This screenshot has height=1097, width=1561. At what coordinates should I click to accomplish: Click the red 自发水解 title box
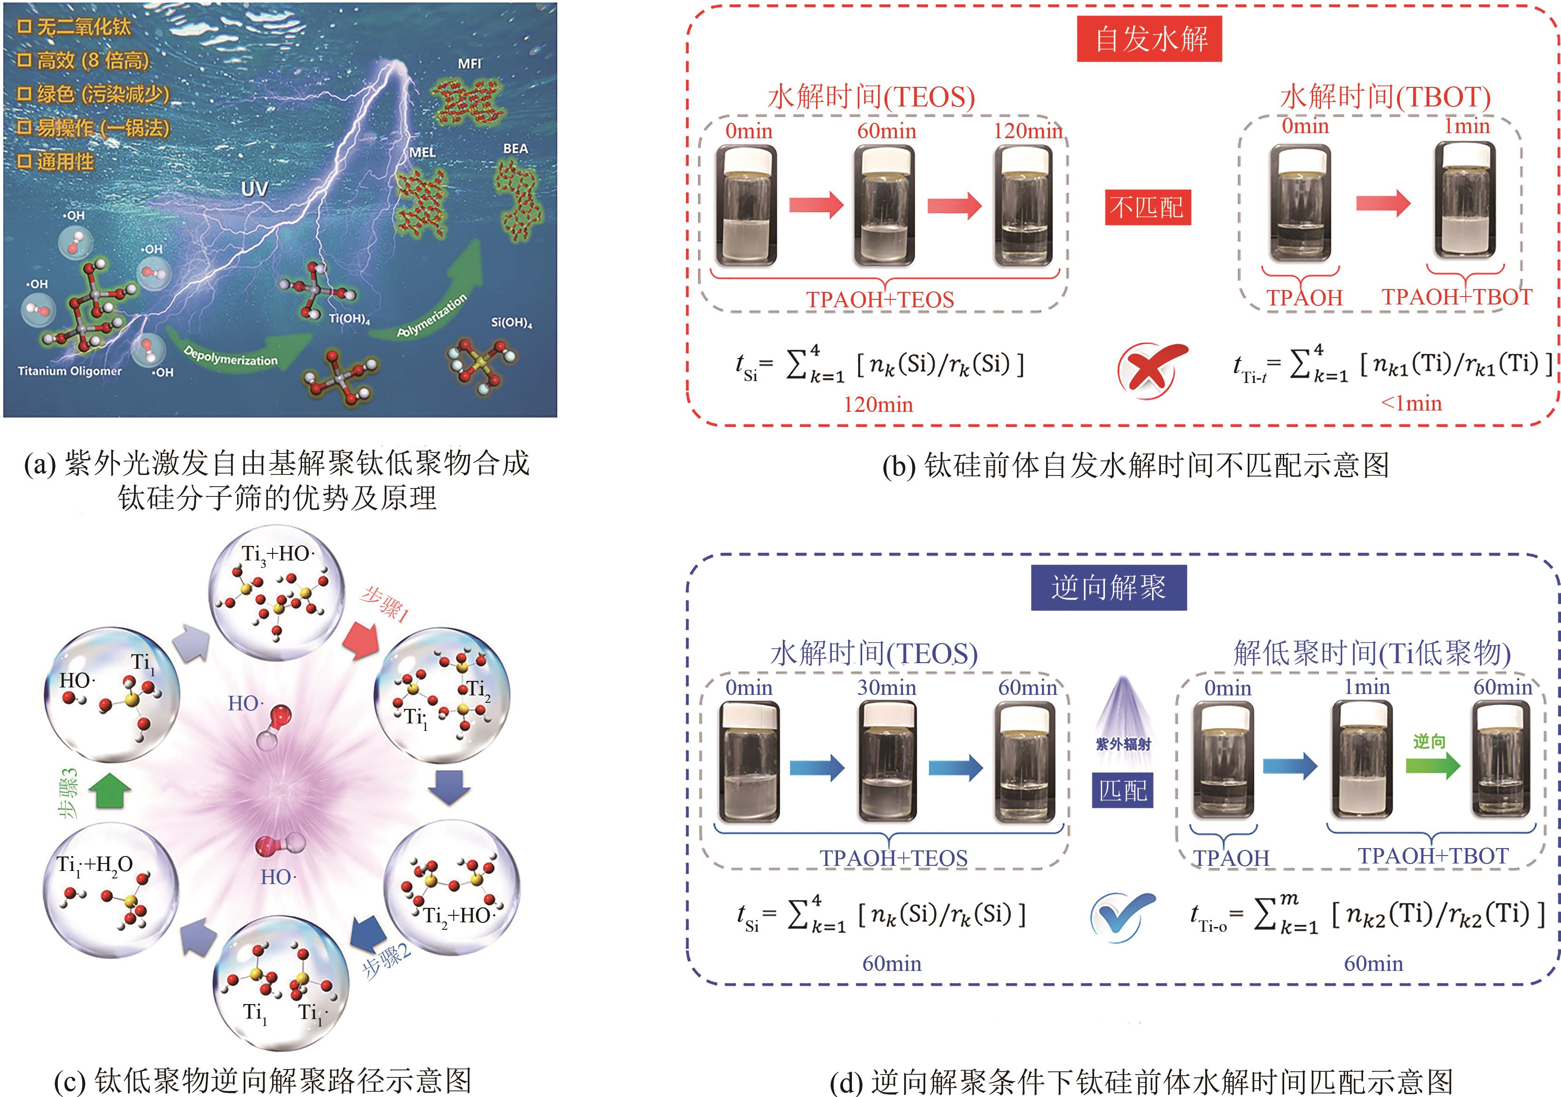[1149, 39]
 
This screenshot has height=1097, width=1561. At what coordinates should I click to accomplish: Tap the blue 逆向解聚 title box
[1108, 587]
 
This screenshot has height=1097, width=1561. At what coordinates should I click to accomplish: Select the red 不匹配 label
[1147, 207]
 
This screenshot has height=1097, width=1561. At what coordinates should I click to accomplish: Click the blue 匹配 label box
[1123, 790]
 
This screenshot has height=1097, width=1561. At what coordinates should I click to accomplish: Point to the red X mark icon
[1152, 370]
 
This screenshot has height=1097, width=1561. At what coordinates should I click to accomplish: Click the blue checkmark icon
[1122, 917]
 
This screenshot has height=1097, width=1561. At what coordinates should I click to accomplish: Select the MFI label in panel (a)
[469, 64]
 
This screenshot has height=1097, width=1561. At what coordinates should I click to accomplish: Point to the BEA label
[515, 148]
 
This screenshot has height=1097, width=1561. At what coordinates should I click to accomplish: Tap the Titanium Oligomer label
[70, 371]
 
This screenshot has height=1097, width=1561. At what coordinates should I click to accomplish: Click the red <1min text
[1411, 403]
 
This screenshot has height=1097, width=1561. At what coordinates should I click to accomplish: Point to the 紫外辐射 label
[1123, 744]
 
